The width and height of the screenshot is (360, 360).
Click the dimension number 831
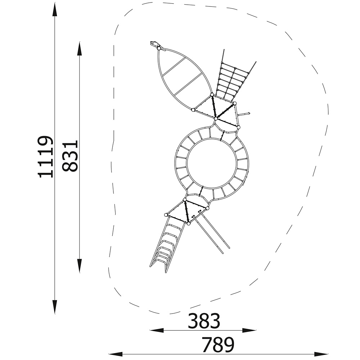[70, 156]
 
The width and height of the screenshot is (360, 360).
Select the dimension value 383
[204, 321]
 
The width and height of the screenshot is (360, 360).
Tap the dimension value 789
[218, 345]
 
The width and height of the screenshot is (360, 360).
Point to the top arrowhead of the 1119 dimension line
[55, 9]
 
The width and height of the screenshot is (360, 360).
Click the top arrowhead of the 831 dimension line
[79, 49]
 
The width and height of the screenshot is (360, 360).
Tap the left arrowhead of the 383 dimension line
[157, 330]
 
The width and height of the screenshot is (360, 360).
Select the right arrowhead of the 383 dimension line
[249, 330]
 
